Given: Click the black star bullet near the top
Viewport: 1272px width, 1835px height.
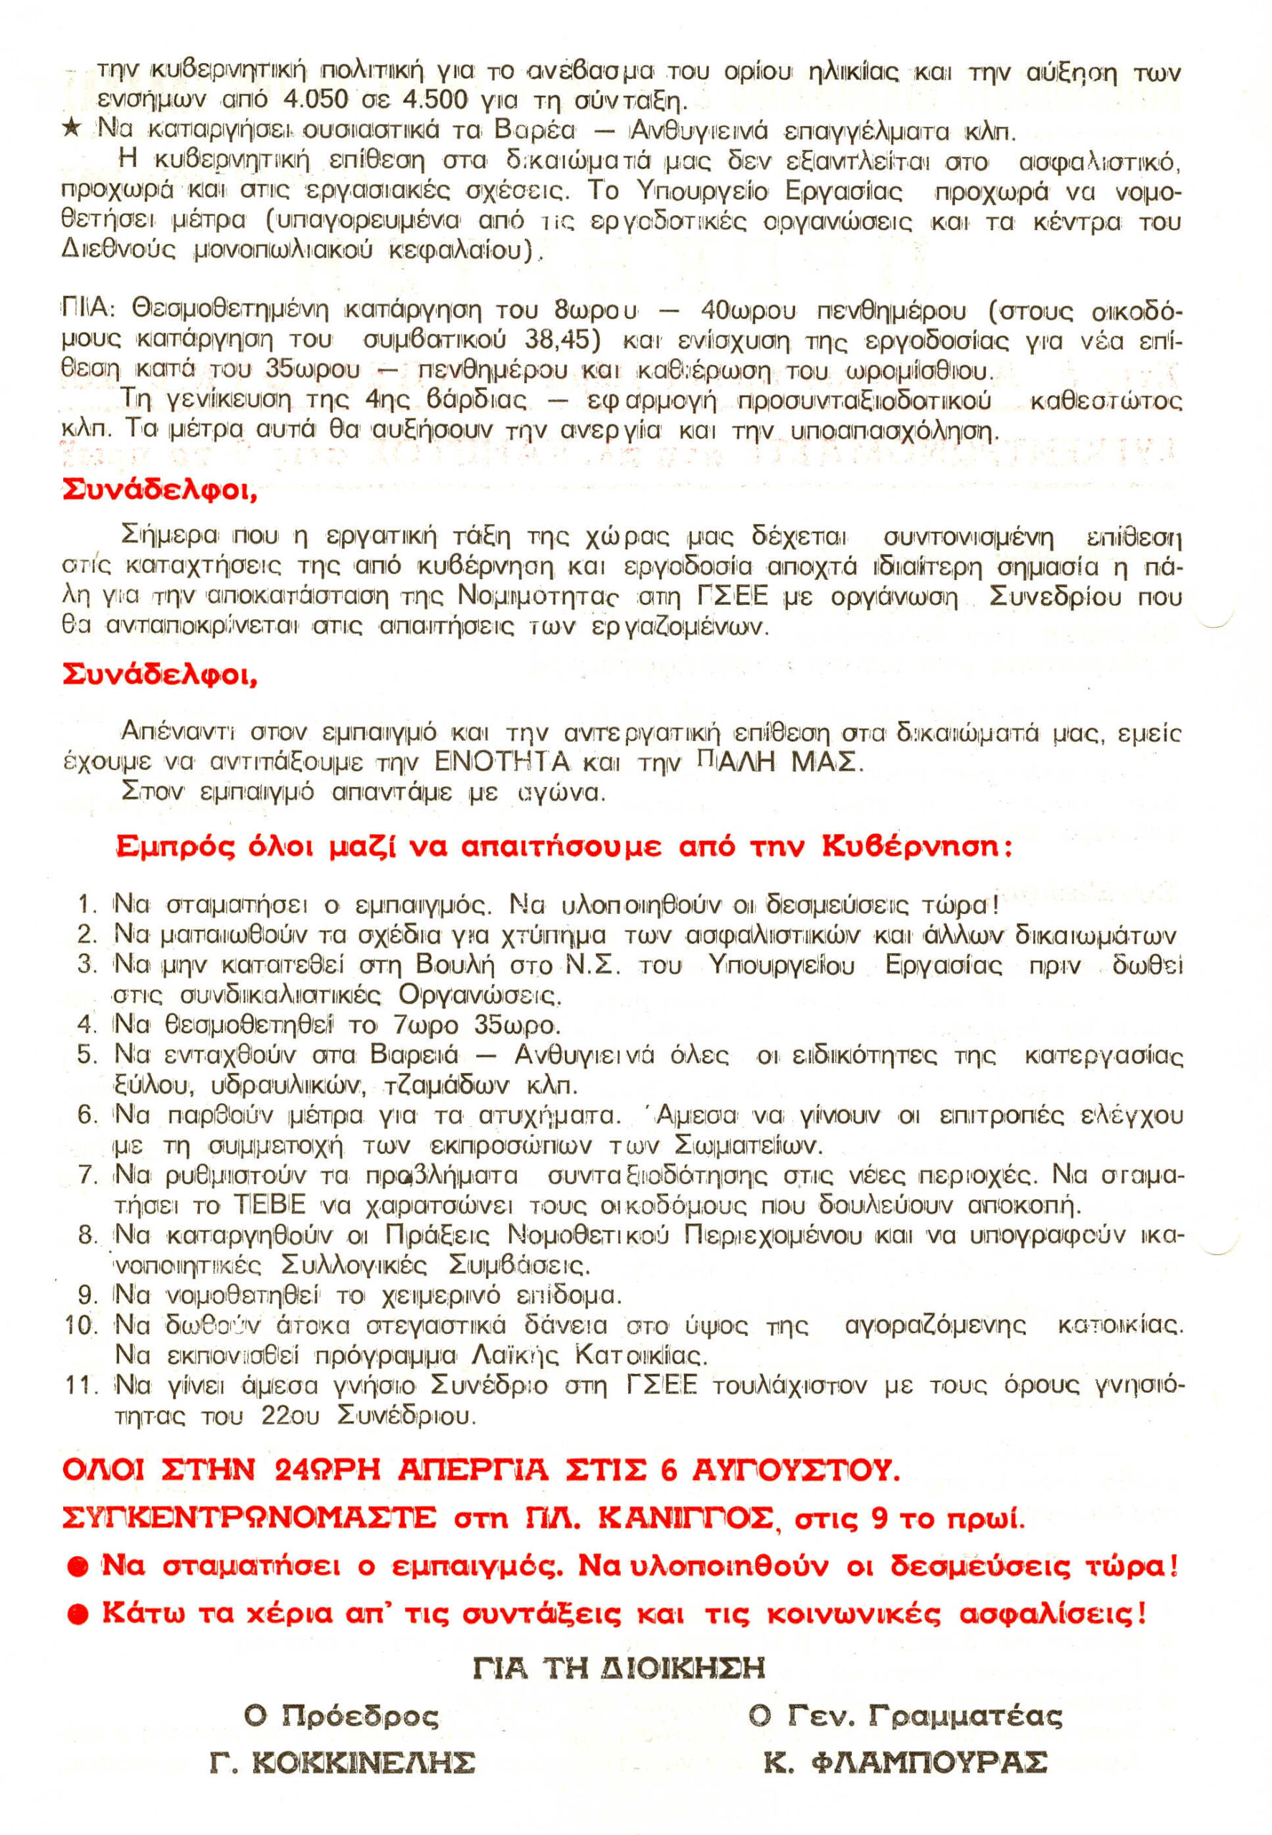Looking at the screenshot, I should tap(72, 128).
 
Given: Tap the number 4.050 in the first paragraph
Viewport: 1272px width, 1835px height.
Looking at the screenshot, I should tap(315, 100).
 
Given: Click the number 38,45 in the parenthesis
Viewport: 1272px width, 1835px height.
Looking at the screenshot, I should tap(562, 340).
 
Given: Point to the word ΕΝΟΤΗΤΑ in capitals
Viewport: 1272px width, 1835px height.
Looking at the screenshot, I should tap(503, 763).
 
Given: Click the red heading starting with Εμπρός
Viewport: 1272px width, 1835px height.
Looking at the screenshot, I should tap(564, 847).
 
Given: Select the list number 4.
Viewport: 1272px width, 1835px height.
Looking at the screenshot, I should tap(87, 1025).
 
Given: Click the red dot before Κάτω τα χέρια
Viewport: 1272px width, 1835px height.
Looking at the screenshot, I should tap(78, 1615).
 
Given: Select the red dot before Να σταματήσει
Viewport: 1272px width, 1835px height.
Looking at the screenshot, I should tap(78, 1568).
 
